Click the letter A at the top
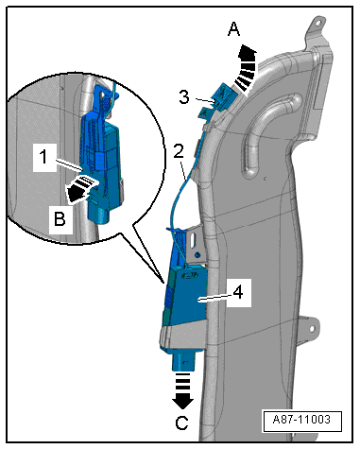point(233,29)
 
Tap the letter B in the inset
point(60,218)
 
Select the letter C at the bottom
point(181,423)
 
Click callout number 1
point(44,157)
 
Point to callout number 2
point(179,151)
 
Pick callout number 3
point(184,97)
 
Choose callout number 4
point(238,292)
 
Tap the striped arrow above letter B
point(81,188)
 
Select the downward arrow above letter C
point(182,391)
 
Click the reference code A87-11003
point(301,420)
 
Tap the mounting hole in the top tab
point(318,24)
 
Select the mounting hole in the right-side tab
point(312,329)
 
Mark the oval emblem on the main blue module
point(189,276)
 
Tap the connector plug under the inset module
point(98,214)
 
